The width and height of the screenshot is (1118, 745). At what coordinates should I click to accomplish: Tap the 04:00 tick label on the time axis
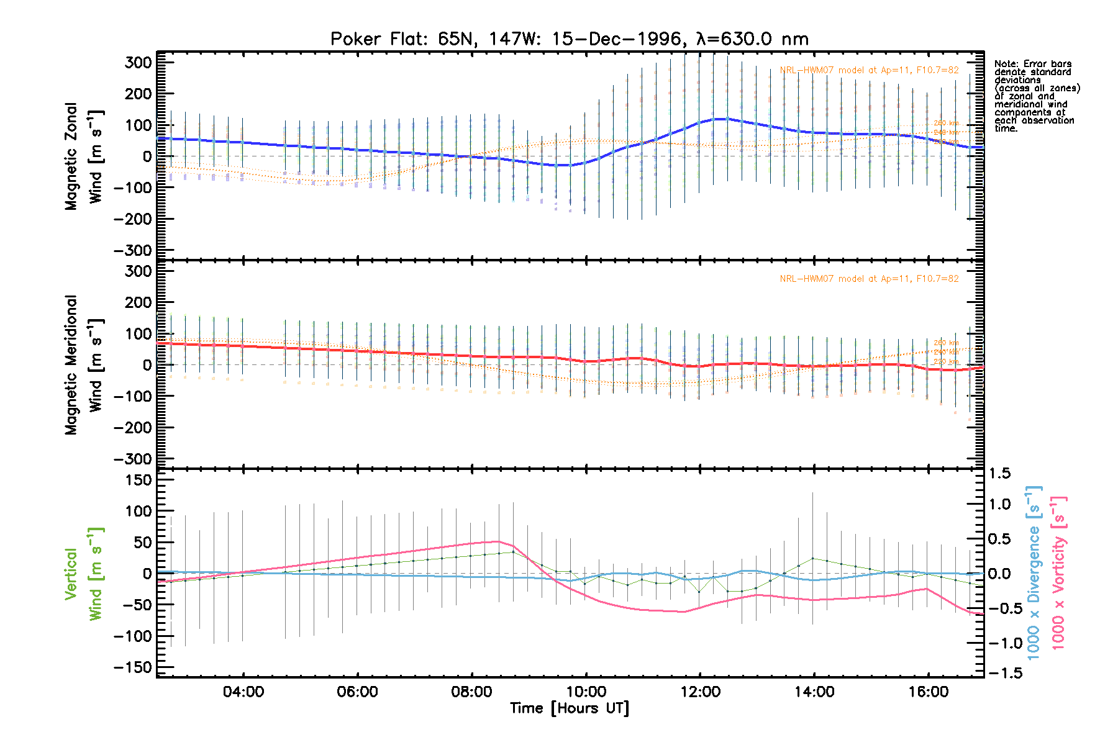click(x=243, y=692)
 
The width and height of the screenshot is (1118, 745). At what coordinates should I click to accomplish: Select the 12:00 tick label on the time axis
click(x=700, y=692)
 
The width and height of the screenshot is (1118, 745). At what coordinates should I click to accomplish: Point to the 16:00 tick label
click(x=928, y=692)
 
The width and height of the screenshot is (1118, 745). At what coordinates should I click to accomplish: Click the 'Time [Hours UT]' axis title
click(x=569, y=708)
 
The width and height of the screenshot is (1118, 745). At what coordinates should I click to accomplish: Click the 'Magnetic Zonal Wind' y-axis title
click(x=84, y=156)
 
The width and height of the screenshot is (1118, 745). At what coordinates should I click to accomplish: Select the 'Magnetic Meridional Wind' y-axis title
click(x=84, y=365)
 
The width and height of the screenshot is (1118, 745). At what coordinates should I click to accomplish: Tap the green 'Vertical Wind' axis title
click(x=84, y=574)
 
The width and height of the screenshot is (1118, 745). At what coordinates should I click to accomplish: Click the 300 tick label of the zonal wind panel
click(x=138, y=63)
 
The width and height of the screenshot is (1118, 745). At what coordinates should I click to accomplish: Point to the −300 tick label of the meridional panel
click(x=133, y=459)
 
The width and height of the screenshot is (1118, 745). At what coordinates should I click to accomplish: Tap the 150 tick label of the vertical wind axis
click(x=138, y=480)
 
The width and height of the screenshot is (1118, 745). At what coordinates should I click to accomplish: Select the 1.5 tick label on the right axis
click(x=1000, y=474)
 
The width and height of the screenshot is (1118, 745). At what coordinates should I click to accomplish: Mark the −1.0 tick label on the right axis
click(x=1004, y=643)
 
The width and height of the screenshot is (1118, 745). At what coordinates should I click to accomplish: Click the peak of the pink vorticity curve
click(x=497, y=541)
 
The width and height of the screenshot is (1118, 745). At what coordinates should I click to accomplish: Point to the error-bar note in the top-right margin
click(x=1036, y=96)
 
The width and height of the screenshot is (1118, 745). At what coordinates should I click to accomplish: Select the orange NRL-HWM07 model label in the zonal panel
click(x=869, y=70)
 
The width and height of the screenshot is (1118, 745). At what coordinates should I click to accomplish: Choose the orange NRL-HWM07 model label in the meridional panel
click(x=869, y=279)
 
